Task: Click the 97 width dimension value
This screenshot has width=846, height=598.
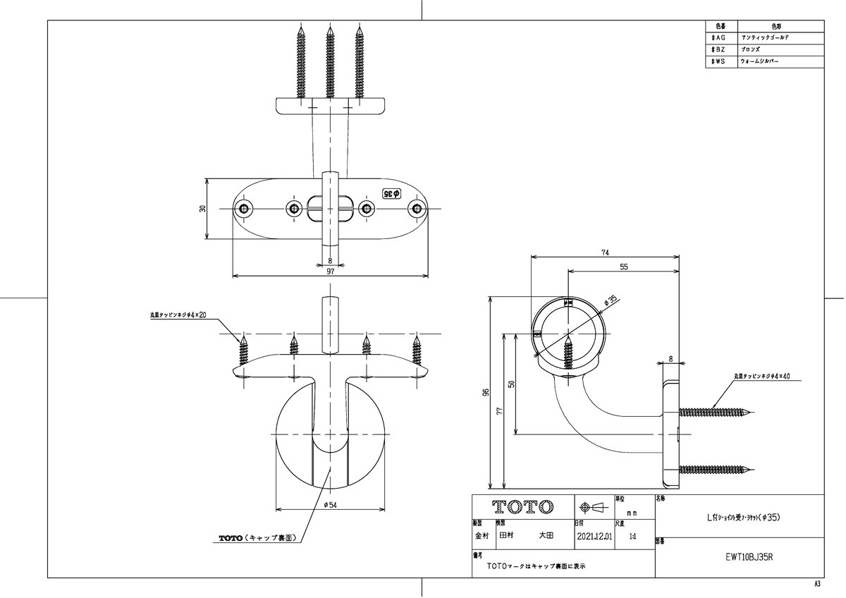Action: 330,271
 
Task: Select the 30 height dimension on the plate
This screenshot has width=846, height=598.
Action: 202,209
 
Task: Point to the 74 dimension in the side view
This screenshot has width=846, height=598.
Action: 606,252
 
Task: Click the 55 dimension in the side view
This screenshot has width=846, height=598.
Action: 624,267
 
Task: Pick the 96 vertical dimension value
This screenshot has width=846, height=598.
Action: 486,393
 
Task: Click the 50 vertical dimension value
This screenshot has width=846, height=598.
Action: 513,384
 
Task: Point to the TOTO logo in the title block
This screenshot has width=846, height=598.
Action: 522,507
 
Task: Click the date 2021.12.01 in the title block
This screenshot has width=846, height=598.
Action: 594,536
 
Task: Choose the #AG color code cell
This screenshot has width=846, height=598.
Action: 720,37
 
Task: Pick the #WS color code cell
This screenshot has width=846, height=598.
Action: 720,62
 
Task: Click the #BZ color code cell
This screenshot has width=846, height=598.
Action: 720,50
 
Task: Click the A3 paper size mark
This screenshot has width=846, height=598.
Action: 817,584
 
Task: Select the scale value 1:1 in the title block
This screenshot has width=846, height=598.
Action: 632,536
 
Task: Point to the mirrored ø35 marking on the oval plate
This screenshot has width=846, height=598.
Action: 392,193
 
